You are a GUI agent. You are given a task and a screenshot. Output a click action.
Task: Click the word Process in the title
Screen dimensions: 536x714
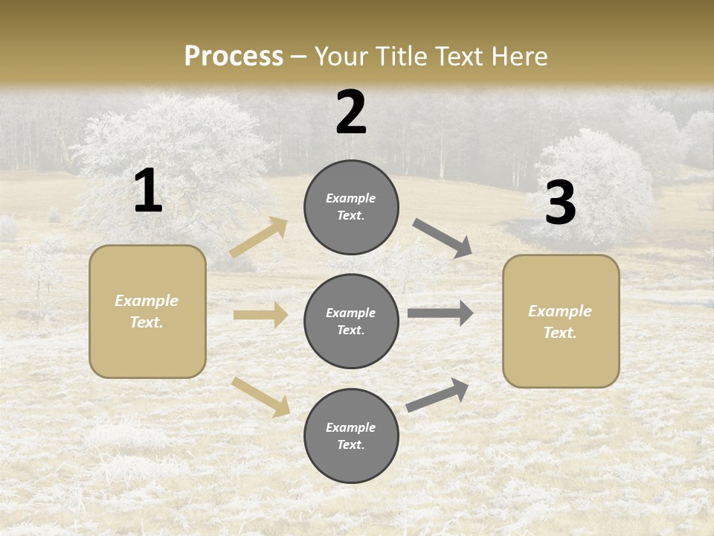tap(234, 57)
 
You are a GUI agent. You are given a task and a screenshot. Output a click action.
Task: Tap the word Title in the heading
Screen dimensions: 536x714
tap(401, 57)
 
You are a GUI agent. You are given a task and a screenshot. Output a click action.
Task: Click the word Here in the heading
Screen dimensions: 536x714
tap(518, 57)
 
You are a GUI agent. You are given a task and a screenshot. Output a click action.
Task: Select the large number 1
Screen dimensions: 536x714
tap(148, 191)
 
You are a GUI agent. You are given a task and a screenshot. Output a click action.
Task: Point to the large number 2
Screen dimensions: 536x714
tap(351, 112)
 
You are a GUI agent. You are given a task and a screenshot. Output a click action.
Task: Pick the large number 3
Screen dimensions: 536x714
tap(560, 203)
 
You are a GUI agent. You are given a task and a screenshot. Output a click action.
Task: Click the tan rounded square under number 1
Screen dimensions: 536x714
tap(147, 311)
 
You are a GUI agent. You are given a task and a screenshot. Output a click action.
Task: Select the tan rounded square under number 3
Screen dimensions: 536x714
tap(561, 321)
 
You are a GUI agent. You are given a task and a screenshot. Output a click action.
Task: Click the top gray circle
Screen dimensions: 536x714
tap(351, 207)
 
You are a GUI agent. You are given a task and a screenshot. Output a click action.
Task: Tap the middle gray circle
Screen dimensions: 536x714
tap(351, 321)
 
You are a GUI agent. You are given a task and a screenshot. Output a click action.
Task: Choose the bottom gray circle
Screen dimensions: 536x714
tap(351, 435)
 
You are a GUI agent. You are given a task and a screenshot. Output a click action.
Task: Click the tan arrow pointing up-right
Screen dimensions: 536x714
tap(259, 237)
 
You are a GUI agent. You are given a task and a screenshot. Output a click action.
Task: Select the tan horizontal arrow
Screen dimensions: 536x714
tap(260, 315)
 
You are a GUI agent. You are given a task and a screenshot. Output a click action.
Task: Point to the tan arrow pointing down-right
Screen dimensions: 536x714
tap(261, 396)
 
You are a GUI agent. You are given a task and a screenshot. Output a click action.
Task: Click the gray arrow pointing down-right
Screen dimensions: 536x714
tap(443, 237)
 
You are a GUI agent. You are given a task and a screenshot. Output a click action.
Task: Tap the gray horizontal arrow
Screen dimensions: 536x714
tap(440, 313)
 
